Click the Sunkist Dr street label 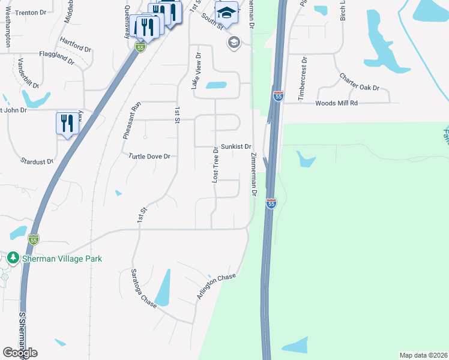point(235,146)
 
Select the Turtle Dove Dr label point(149,156)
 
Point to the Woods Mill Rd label point(336,103)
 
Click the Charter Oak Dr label point(359,82)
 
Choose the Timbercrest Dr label point(304,74)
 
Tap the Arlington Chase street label point(217,287)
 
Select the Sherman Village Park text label point(62,259)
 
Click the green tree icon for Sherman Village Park point(13,258)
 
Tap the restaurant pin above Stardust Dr point(67,124)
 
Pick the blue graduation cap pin point(226,13)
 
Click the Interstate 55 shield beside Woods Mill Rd point(278,95)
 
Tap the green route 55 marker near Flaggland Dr point(140,47)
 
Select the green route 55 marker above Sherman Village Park point(34,239)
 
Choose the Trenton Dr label point(30,13)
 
